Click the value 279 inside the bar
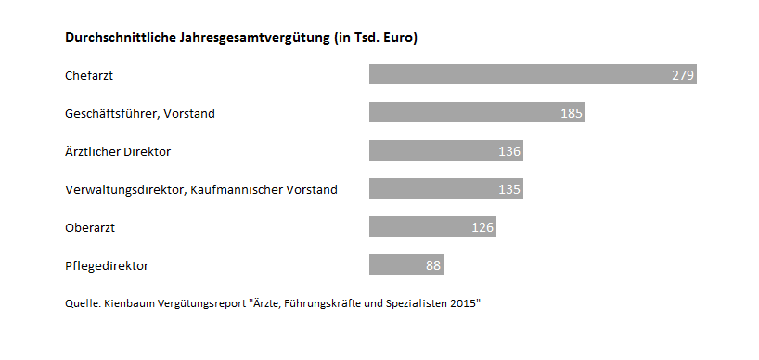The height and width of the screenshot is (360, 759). point(683,75)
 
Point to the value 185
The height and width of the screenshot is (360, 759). point(572,113)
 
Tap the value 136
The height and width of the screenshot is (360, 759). point(509,151)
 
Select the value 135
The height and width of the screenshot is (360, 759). point(509,189)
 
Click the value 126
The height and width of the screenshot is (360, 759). point(482,227)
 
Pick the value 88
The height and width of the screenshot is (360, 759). point(433,265)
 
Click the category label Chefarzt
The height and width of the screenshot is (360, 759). point(89,75)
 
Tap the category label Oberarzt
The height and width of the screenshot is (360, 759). point(90,227)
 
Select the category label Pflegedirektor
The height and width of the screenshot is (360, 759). point(107,265)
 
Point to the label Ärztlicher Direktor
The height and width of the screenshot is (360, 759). point(118,151)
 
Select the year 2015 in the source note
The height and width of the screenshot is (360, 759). point(461,303)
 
